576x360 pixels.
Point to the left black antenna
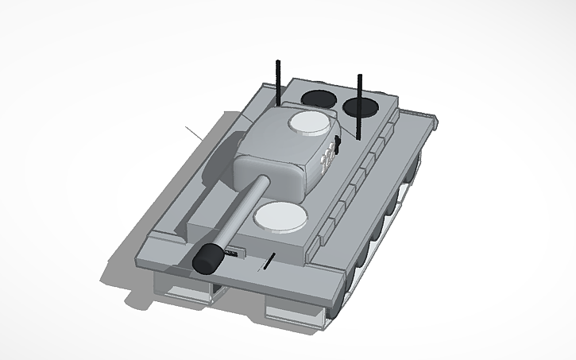(x=278, y=83)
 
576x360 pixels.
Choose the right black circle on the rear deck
(x=361, y=106)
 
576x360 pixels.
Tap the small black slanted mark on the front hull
(x=270, y=260)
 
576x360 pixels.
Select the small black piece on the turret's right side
(x=338, y=145)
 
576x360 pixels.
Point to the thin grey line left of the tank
(x=194, y=131)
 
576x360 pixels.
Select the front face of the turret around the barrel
(x=274, y=172)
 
